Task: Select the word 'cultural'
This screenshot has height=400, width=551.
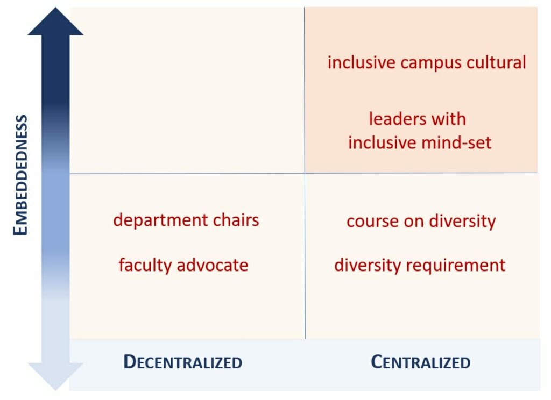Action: coord(497,62)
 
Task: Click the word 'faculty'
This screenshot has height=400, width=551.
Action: coord(145,265)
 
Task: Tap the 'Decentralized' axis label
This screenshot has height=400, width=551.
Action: coord(183,362)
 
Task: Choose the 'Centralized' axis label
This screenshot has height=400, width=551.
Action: coord(421,362)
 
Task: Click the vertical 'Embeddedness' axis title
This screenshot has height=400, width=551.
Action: coord(20,175)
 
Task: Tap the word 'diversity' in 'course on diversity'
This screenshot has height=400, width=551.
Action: coord(463,221)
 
